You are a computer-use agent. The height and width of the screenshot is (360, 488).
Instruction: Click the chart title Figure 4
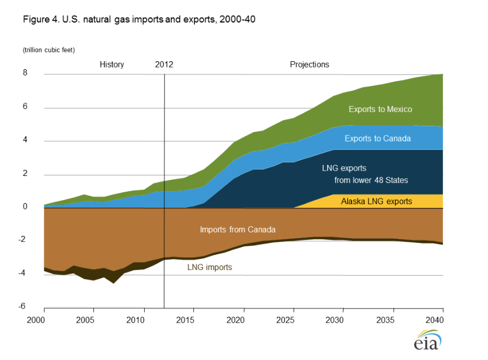point(139,19)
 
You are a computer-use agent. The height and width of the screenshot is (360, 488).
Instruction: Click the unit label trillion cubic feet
point(49,51)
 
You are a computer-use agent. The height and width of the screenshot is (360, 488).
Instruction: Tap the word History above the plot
point(111,65)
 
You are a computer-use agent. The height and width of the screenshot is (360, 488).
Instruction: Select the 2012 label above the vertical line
point(164,65)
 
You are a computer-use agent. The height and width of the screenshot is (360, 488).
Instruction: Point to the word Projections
point(309,65)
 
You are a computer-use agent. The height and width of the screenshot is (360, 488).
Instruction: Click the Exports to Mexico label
point(380,109)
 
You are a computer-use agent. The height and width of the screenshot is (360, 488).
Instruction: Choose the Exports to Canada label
point(377,138)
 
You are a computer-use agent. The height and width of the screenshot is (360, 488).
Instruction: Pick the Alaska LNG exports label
point(376,201)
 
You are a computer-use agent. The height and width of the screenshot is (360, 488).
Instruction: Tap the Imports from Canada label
point(237,230)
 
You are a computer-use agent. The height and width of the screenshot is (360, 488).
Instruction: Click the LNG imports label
point(209,267)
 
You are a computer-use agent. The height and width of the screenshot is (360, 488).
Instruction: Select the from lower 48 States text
point(371,181)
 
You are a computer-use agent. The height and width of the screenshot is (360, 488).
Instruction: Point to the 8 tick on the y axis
point(25,73)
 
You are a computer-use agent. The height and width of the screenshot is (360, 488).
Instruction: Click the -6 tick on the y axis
point(24,306)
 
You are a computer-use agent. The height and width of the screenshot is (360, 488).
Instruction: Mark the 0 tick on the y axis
point(25,206)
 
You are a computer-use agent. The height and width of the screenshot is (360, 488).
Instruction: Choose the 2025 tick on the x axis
point(293,320)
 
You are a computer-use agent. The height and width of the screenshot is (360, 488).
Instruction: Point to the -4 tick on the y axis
point(24,273)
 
